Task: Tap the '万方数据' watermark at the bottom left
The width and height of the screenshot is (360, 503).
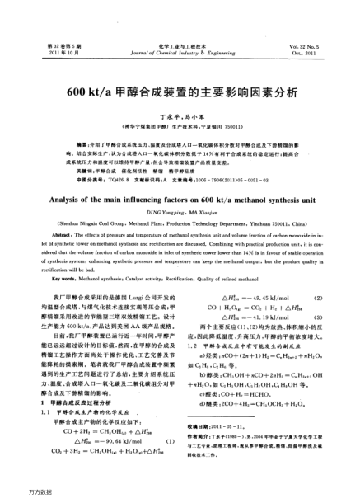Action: tap(17, 494)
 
